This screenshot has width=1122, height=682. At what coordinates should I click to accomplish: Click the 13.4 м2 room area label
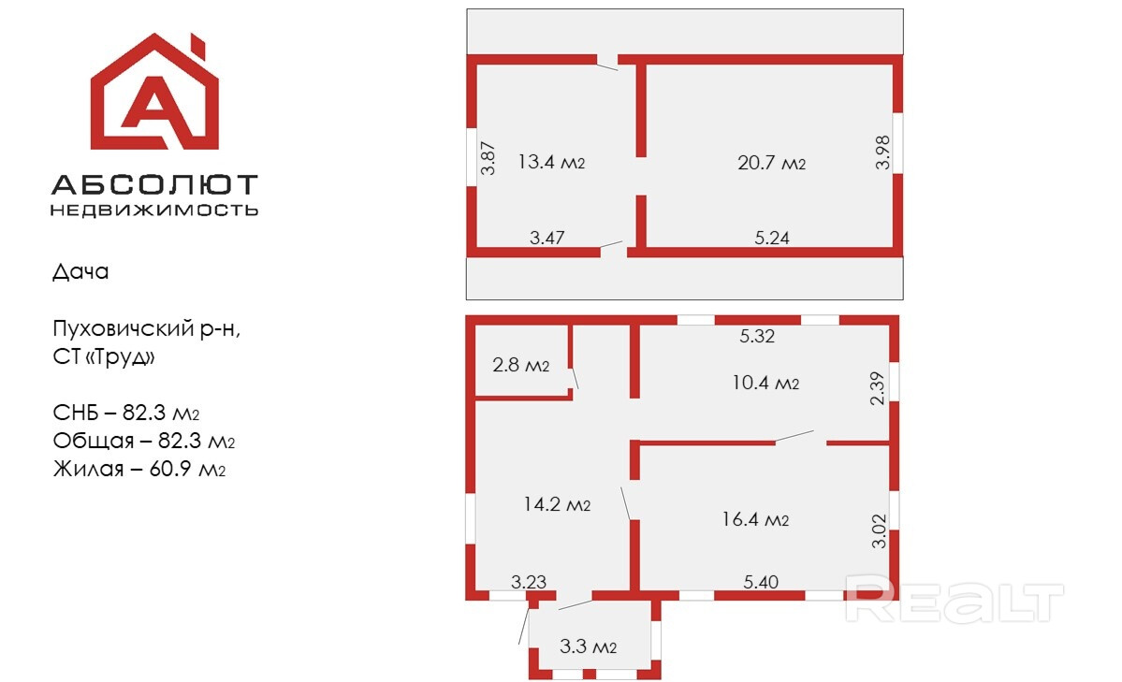551,162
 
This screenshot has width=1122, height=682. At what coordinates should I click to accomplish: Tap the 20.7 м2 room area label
771,163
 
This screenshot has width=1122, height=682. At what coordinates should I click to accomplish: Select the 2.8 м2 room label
520,365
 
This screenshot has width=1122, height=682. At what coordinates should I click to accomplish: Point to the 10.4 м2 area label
765,383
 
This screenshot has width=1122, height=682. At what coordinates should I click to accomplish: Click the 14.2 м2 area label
557,505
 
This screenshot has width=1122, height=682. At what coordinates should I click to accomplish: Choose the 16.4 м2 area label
755,519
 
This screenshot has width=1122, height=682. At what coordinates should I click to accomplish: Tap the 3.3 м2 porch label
588,646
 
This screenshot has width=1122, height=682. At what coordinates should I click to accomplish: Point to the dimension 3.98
882,152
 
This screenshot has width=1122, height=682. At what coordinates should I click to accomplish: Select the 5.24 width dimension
772,238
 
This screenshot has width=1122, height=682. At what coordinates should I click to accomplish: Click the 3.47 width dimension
546,238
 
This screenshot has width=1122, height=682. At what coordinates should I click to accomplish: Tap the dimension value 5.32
757,337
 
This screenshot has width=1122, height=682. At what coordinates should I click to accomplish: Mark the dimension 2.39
877,387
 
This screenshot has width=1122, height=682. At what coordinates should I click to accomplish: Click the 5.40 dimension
760,582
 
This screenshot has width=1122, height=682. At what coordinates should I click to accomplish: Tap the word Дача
80,272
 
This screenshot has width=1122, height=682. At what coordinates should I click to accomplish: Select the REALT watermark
954,602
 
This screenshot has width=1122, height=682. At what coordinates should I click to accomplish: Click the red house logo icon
154,94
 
